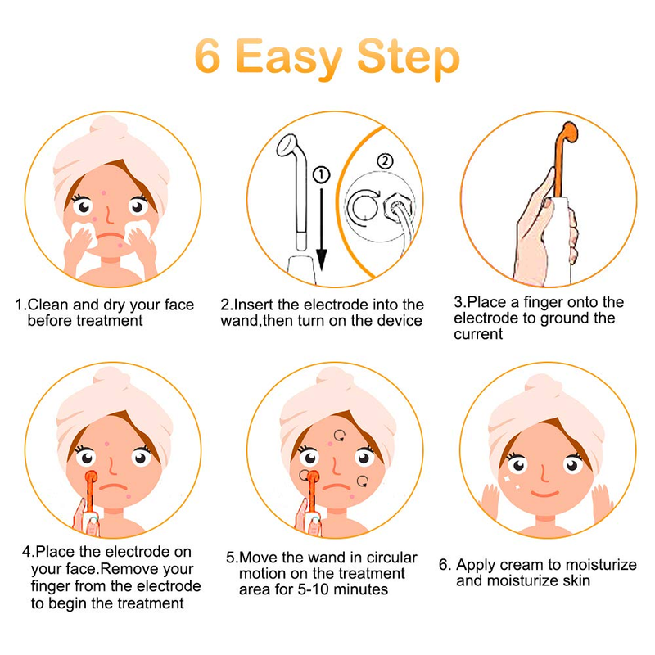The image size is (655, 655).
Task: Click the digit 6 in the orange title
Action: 208,56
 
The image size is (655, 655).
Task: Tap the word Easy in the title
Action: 289,59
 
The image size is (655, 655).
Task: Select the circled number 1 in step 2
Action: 321,175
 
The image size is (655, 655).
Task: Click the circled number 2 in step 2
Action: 385,160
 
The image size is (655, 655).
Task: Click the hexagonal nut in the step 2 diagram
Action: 397,207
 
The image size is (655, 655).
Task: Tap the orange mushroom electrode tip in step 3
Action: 570,133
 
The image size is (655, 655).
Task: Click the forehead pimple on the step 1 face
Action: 104,193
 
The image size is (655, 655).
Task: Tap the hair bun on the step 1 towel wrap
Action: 108,127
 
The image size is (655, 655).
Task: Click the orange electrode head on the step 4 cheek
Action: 91,477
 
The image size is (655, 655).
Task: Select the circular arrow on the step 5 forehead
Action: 340,436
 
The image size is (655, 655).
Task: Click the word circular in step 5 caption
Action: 391,558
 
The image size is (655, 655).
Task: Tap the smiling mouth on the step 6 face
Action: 544,494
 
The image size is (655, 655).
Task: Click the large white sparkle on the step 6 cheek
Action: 508,479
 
